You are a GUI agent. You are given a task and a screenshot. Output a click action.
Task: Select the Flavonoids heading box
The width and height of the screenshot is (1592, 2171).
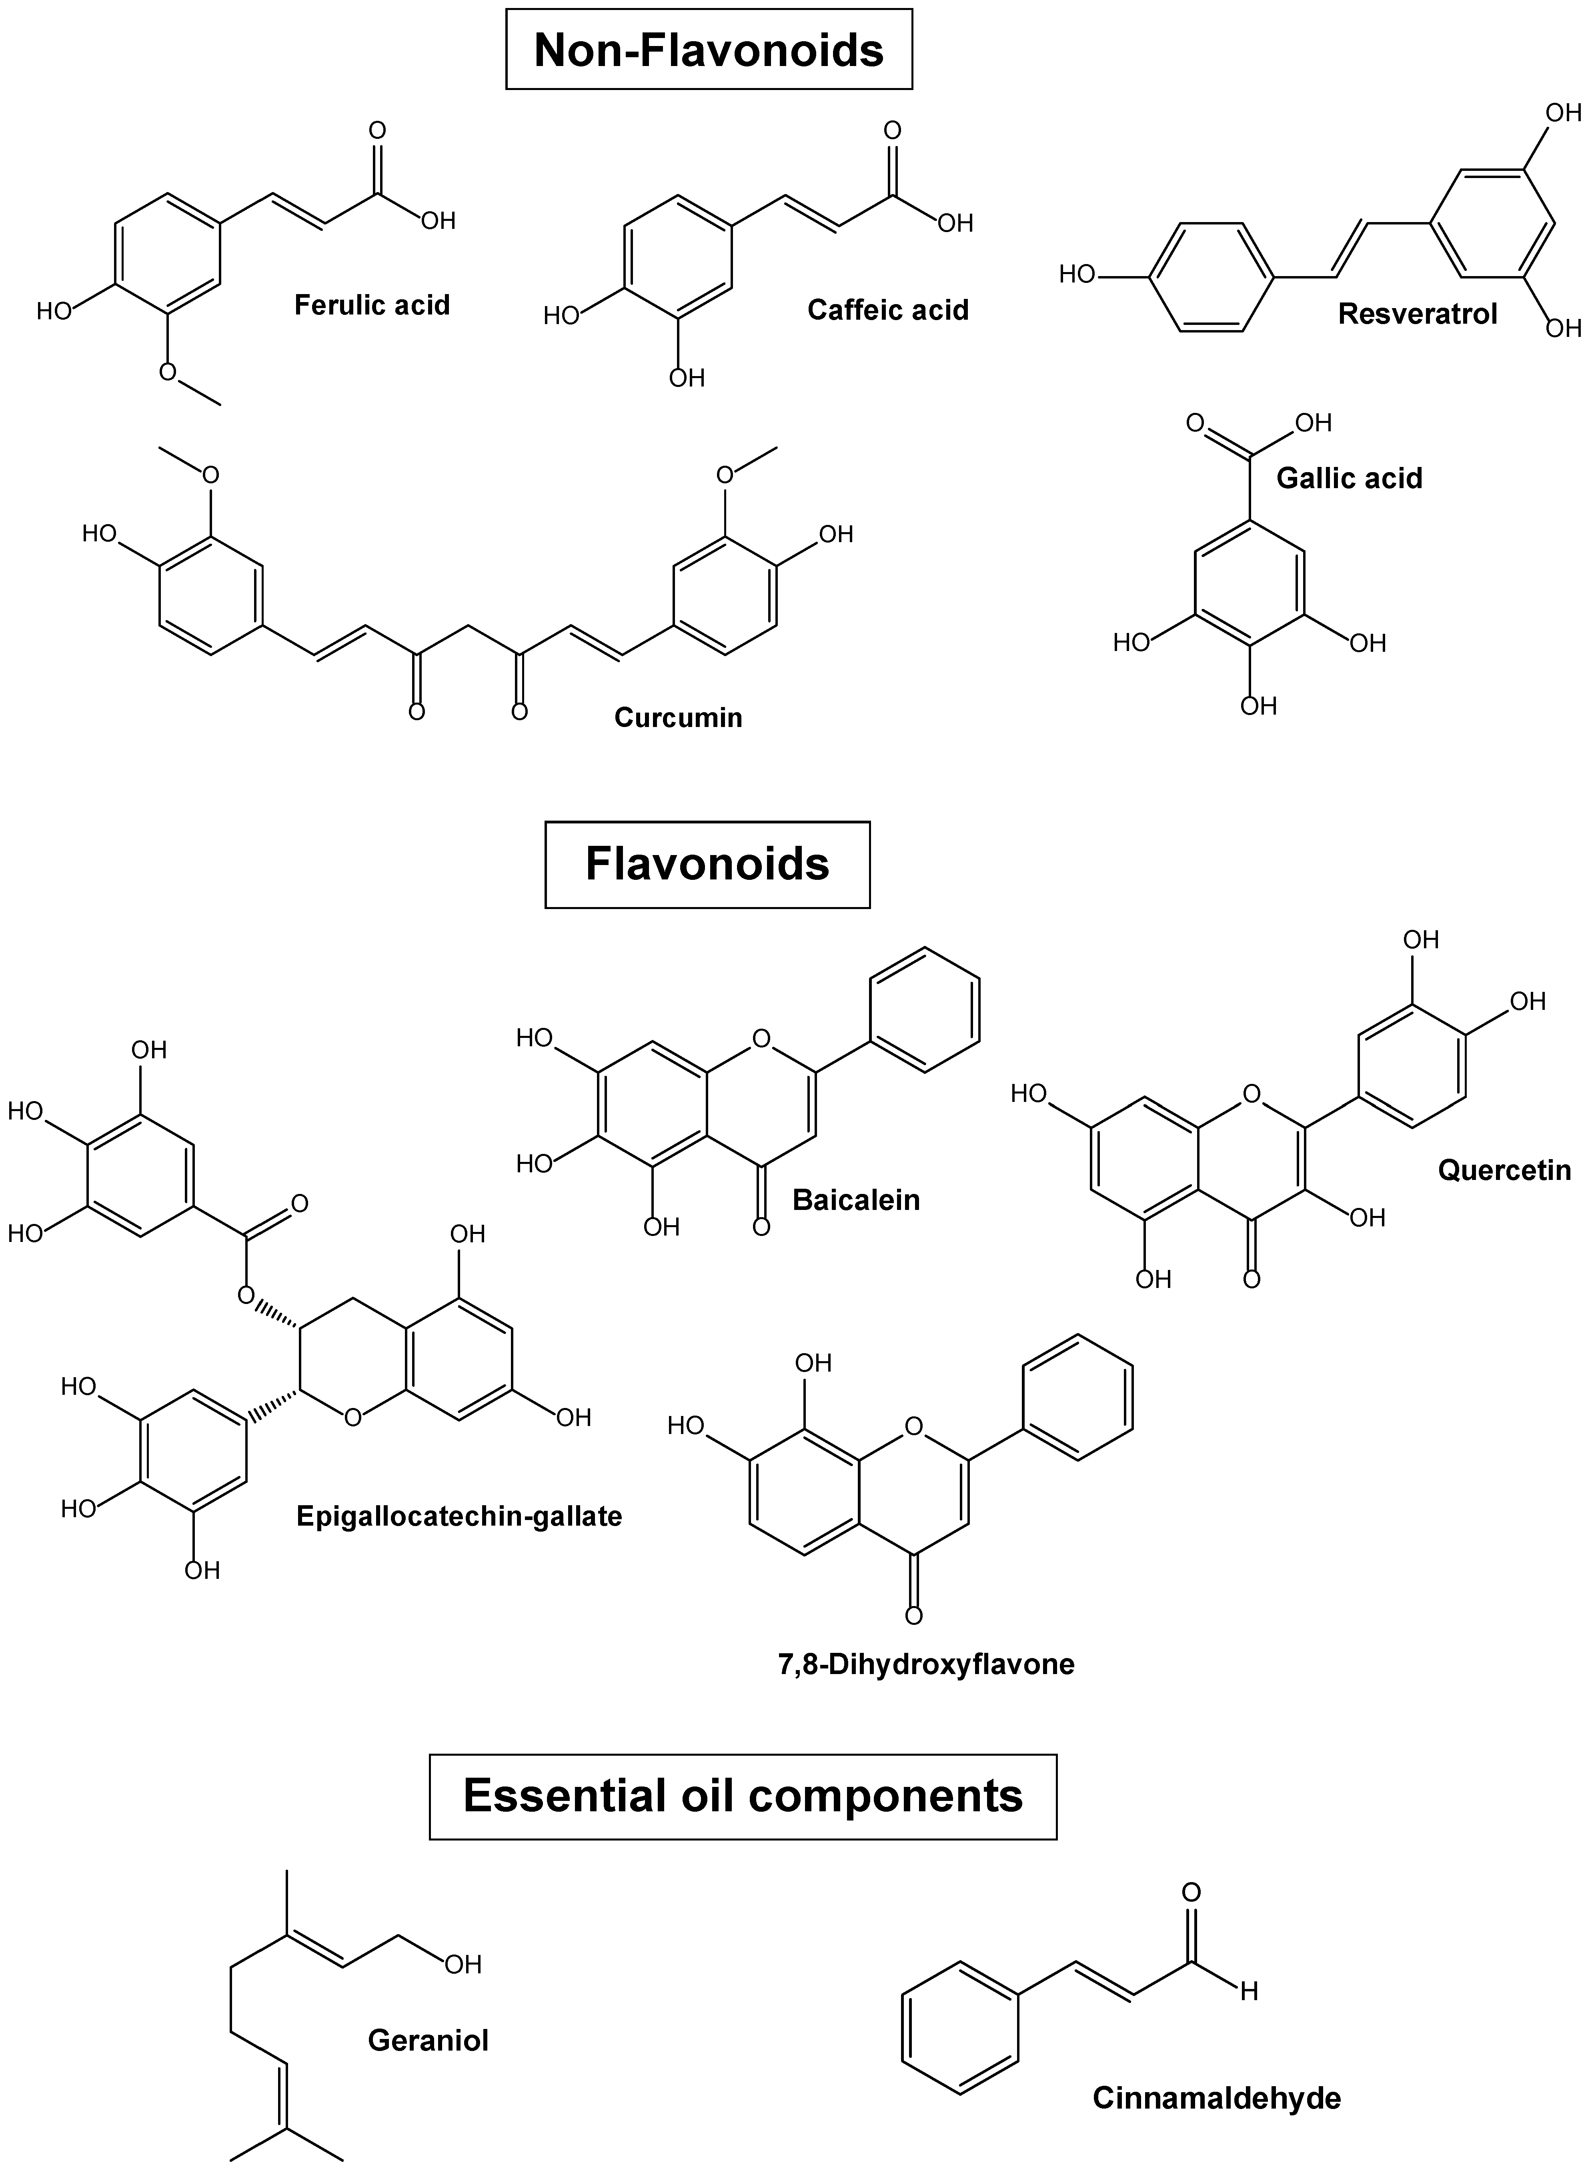click(707, 864)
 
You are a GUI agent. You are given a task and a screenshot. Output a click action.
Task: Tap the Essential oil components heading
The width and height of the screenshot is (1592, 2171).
click(743, 1795)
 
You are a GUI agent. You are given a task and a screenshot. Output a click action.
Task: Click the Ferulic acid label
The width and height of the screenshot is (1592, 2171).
click(372, 305)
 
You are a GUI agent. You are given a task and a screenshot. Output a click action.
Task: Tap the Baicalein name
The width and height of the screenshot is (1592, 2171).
click(856, 1200)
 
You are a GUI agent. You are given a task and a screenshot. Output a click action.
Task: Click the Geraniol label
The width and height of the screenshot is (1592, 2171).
click(428, 2040)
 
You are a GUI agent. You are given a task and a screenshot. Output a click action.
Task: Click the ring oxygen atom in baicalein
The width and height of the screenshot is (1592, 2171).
click(761, 1039)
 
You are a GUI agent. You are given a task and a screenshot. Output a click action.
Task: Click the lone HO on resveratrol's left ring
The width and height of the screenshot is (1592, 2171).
click(1077, 274)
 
